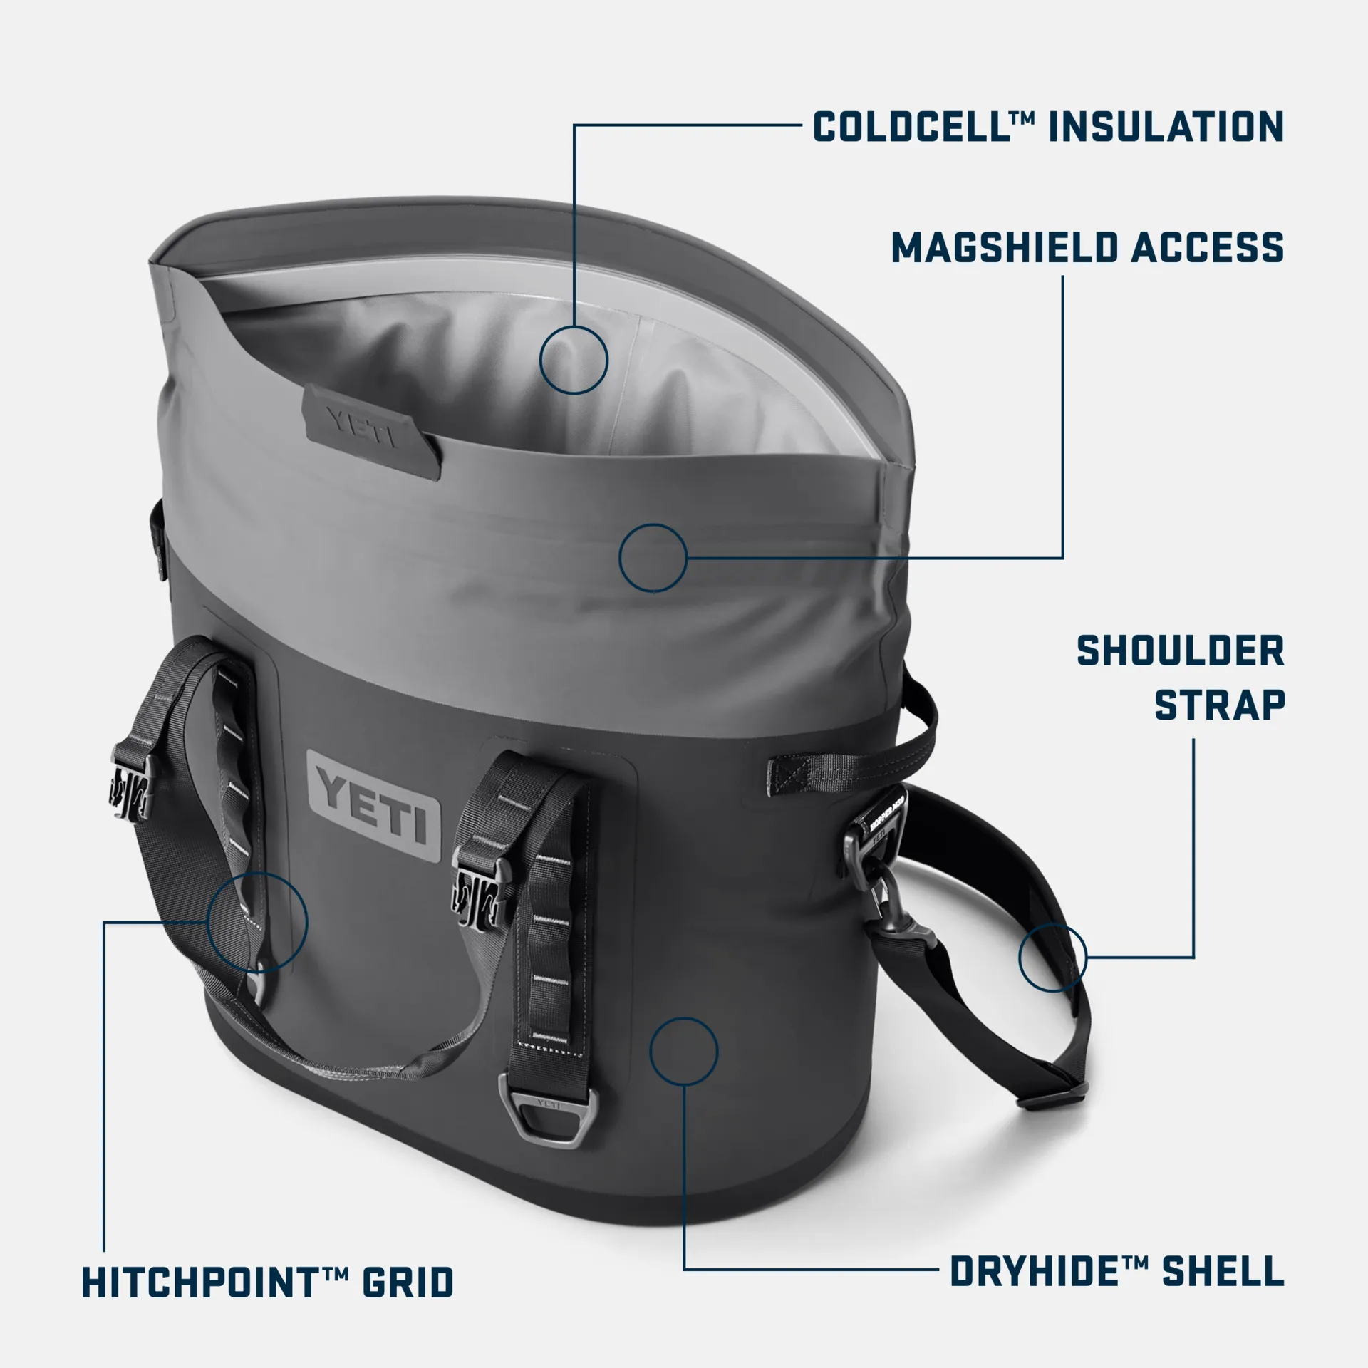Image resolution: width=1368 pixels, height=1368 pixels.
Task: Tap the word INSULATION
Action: click(1166, 127)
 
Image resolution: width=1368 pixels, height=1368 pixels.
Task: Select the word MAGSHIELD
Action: click(1005, 247)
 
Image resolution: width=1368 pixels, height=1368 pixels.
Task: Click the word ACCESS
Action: click(1208, 247)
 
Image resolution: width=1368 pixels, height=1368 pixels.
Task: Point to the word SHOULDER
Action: click(1180, 651)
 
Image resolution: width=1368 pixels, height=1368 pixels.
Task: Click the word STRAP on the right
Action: click(1219, 705)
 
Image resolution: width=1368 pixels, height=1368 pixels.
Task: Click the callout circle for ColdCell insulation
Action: click(574, 360)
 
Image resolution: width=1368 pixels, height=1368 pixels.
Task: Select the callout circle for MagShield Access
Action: click(653, 558)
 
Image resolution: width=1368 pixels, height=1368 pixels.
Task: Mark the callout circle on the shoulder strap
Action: click(1052, 957)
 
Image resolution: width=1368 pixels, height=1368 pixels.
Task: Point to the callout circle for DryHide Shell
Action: click(683, 1052)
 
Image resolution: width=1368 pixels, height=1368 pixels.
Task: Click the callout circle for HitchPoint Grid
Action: click(257, 921)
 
